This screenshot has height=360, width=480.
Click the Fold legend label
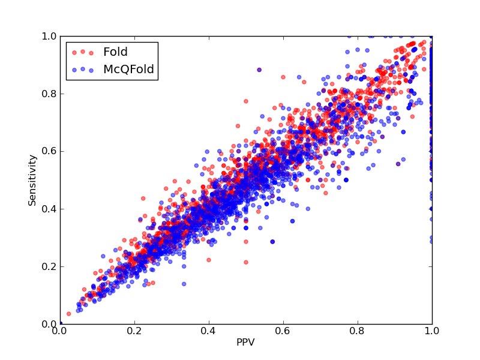coord(115,52)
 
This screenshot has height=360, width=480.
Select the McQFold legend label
coord(128,69)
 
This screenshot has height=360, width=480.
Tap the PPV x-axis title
coord(245,342)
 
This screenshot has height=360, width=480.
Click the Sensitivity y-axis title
coord(32,181)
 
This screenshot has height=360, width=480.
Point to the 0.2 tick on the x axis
coord(134,331)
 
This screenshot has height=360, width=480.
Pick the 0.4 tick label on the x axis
coord(209,331)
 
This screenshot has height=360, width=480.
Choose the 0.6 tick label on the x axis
coord(283,331)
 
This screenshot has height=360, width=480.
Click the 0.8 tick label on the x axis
coord(358,331)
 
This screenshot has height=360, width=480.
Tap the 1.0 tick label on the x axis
coord(432,331)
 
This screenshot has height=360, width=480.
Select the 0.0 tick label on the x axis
coord(59,331)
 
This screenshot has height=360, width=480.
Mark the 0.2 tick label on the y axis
coord(49,266)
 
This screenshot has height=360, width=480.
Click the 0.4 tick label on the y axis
coord(49,209)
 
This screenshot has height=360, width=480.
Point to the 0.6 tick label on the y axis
coord(49,152)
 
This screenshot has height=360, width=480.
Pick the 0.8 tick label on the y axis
coord(49,94)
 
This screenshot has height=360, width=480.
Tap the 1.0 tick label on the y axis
coord(49,36)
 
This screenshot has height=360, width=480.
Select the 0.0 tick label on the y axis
coord(49,324)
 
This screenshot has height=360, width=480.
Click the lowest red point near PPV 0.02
coord(68,314)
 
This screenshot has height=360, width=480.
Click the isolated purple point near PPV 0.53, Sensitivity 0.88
coord(259,70)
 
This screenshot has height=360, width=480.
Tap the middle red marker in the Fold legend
coord(83,52)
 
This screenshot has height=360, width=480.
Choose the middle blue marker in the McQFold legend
coord(83,69)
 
